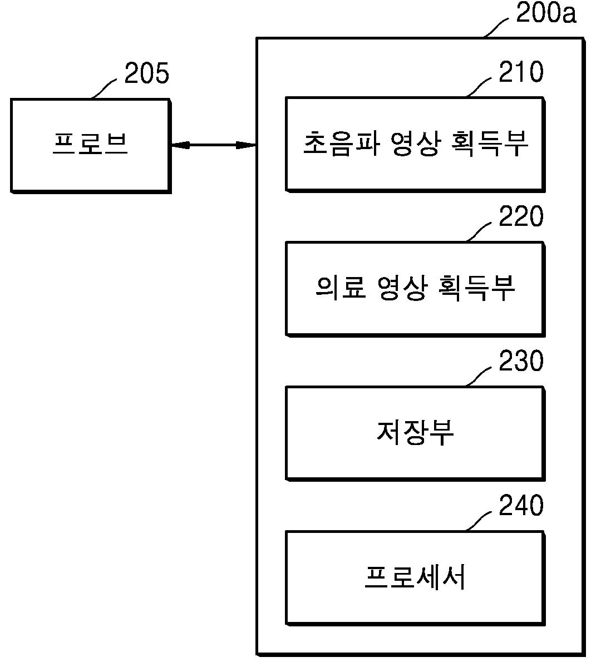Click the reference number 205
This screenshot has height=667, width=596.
146,73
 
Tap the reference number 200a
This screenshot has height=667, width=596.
546,13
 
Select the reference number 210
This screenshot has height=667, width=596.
521,72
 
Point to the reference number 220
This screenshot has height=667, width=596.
521,216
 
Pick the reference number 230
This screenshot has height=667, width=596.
521,361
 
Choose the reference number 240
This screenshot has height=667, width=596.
521,506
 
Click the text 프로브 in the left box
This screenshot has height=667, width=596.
91,144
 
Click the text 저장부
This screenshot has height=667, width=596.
415,432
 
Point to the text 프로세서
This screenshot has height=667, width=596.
415,577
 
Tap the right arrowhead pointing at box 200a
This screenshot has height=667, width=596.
248,145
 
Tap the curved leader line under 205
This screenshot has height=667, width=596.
105,88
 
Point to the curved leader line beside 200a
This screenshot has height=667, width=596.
497,26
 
